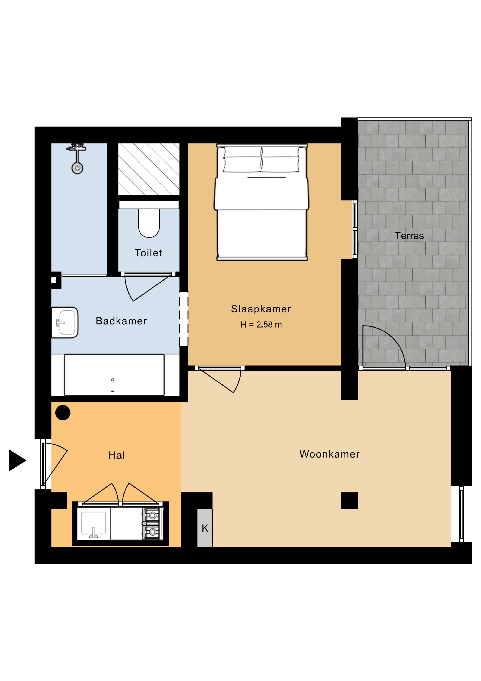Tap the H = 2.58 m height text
(x=261, y=325)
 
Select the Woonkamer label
(x=329, y=454)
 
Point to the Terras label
(x=409, y=236)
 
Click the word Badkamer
(x=121, y=321)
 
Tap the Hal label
(x=116, y=455)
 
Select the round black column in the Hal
(x=63, y=413)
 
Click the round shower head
(x=77, y=168)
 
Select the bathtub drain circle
(x=113, y=380)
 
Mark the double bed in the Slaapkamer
(x=261, y=202)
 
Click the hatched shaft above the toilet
(x=149, y=169)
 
